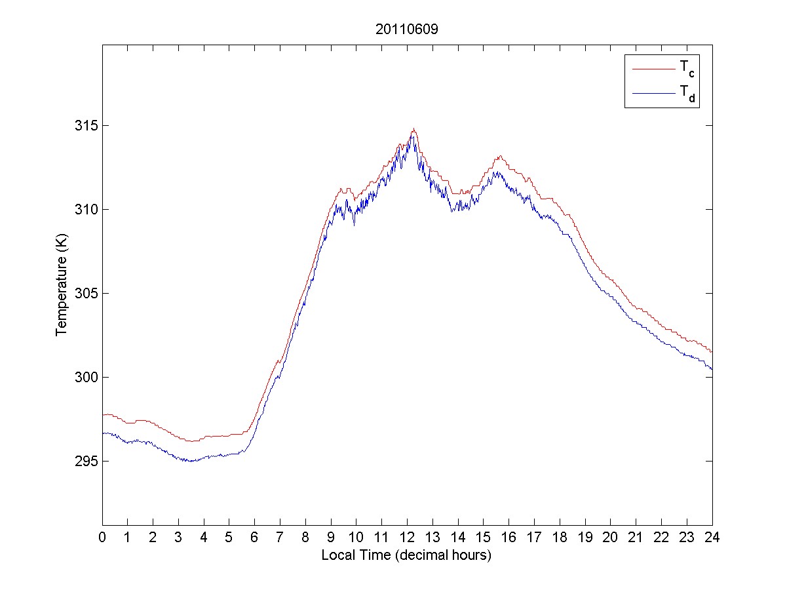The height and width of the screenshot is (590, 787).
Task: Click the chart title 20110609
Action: [406, 29]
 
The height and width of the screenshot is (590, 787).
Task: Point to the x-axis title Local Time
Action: [406, 555]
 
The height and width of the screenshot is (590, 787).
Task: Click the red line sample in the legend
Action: [653, 68]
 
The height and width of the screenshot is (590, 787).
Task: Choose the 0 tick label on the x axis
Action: [102, 537]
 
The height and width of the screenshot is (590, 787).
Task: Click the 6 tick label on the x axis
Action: [255, 537]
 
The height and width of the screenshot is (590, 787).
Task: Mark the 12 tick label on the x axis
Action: [407, 537]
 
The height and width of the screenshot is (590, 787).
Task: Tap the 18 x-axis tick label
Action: [560, 537]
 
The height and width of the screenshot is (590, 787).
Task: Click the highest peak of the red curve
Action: [413, 129]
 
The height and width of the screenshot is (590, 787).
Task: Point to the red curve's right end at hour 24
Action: [712, 352]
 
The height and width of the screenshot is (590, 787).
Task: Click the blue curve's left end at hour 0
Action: [103, 433]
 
